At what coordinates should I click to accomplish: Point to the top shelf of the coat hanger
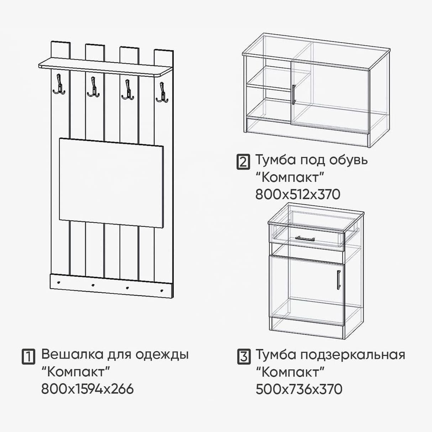(103, 68)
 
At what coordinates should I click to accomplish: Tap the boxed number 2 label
(243, 162)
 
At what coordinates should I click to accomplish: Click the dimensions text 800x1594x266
(88, 389)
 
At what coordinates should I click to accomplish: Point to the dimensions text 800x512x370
(298, 194)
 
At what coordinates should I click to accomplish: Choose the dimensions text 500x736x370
(299, 389)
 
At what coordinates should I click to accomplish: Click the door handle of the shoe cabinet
(293, 94)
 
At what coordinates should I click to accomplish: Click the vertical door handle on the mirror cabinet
(338, 278)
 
